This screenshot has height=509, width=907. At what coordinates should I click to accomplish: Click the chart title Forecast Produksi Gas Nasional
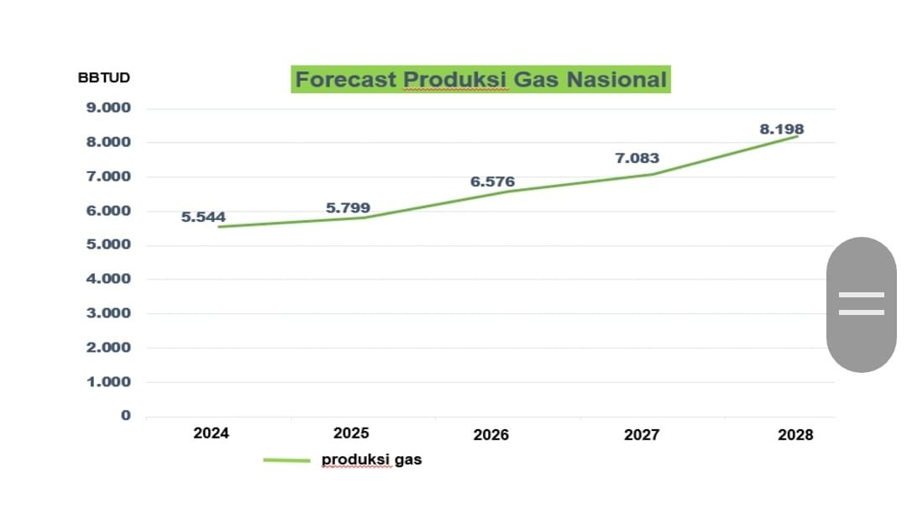(480, 79)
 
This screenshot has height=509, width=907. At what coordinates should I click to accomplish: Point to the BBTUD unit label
(103, 77)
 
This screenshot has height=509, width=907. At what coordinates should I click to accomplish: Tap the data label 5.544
(203, 217)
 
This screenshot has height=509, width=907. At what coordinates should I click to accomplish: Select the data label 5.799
(348, 207)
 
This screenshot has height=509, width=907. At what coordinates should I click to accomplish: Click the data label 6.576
(492, 181)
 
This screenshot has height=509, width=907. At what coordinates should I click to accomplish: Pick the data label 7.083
(637, 158)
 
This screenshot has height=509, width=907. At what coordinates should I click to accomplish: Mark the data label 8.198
(782, 129)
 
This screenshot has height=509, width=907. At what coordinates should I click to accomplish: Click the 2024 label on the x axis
(211, 433)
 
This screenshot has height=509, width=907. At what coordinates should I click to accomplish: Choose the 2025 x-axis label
(351, 433)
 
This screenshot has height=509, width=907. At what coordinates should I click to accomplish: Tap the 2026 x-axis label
(491, 434)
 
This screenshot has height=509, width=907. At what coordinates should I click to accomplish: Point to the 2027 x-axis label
(642, 434)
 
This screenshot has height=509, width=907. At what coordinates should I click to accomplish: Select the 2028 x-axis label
(795, 434)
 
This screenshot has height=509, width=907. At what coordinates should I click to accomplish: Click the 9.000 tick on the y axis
(108, 108)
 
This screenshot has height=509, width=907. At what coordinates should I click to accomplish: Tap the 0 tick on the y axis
(125, 415)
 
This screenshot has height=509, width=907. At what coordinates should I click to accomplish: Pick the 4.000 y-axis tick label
(108, 279)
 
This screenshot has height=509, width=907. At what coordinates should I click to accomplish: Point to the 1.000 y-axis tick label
(108, 381)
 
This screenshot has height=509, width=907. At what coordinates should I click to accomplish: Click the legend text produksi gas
(371, 459)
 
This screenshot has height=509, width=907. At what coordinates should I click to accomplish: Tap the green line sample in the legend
(287, 460)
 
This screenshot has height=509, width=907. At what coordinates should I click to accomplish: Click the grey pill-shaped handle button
(862, 304)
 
